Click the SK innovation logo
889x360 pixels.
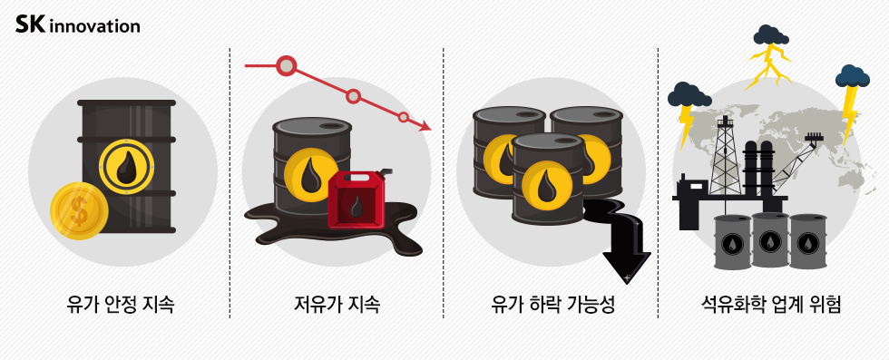pyautogui.click(x=78, y=24)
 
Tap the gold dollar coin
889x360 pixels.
pyautogui.click(x=80, y=211)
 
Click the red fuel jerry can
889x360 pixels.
pyautogui.click(x=357, y=201)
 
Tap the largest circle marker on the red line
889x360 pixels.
pyautogui.click(x=287, y=65)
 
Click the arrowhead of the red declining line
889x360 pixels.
pyautogui.click(x=424, y=127)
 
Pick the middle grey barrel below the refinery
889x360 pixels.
pyautogui.click(x=770, y=240)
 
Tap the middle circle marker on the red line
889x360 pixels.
pyautogui.click(x=354, y=96)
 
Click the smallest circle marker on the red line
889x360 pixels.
pyautogui.click(x=404, y=117)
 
